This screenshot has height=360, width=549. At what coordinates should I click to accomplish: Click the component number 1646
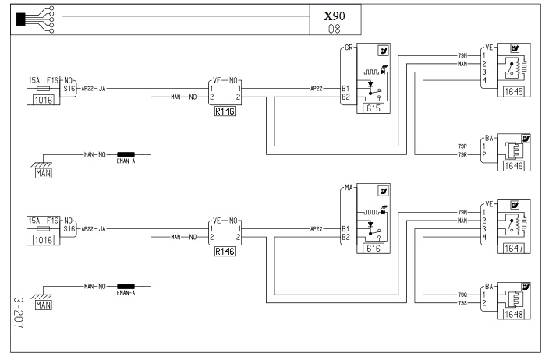[x=512, y=166]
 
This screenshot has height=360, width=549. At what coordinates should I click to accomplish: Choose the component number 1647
[x=512, y=231]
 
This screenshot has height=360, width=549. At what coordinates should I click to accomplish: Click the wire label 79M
[x=462, y=55]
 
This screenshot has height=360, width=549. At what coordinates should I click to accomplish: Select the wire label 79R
[x=462, y=154]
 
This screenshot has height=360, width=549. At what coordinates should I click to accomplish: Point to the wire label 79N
[x=462, y=212]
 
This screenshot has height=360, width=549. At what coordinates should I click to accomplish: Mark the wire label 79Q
[x=462, y=294]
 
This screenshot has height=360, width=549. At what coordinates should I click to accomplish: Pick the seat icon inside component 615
[x=383, y=51]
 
